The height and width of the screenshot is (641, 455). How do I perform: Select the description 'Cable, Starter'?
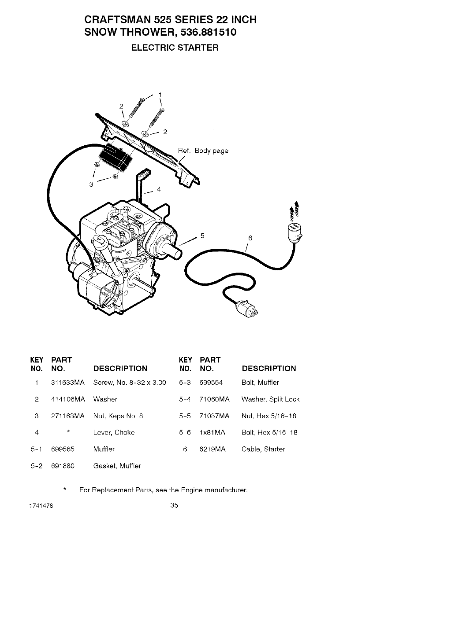coord(263,449)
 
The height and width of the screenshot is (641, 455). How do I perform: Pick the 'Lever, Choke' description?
coord(114,432)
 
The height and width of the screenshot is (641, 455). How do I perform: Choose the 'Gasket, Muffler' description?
coord(117,466)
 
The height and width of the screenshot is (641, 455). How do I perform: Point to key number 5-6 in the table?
coord(185,432)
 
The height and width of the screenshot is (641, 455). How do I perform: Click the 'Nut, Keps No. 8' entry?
coord(118,416)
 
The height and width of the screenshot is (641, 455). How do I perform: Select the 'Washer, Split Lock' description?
coord(270,399)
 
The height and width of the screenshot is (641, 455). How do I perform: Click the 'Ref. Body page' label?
coord(203,151)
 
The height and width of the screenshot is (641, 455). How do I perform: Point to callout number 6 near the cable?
coord(250,238)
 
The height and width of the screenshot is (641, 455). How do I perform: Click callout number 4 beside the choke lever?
coord(159,190)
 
